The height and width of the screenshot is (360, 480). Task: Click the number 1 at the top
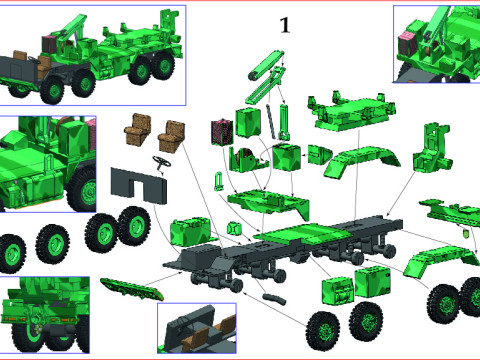[x=284, y=26]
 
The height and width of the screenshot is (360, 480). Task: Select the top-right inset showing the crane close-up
[x=435, y=45]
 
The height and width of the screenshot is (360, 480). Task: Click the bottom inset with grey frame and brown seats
[x=196, y=328]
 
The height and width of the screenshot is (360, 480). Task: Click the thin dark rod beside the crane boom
[x=285, y=119]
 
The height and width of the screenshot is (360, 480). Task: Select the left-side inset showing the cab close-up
[x=48, y=165]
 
